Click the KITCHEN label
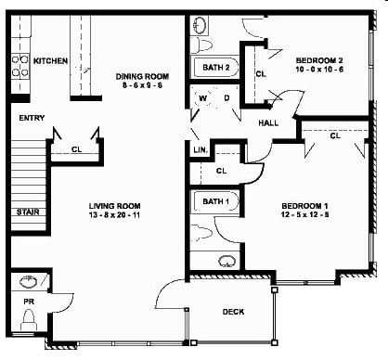[x=50, y=61]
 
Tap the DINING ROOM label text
[x=142, y=77]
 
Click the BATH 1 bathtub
[x=214, y=201]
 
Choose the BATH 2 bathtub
[x=214, y=68]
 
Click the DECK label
[x=234, y=312]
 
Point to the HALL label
[x=269, y=122]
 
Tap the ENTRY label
[x=32, y=119]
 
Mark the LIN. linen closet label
[x=200, y=148]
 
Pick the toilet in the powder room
[x=28, y=321]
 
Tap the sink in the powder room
[x=27, y=281]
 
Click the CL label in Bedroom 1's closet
[x=333, y=135]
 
